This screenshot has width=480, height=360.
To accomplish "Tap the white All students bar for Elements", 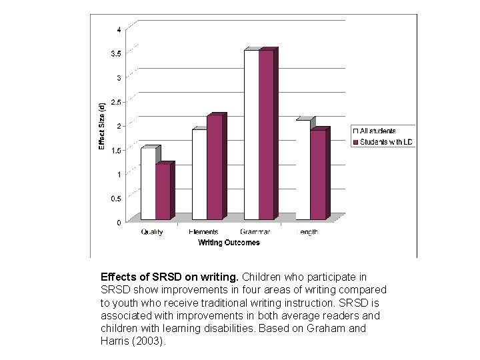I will click(199, 174).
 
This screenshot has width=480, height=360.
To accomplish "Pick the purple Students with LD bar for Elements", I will click(214, 167).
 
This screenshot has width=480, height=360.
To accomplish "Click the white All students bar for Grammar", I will click(251, 135).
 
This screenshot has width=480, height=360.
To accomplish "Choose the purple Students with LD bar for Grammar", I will click(266, 135).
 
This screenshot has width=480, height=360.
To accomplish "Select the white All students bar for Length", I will click(303, 170).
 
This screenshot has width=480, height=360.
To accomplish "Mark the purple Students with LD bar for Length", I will click(318, 175).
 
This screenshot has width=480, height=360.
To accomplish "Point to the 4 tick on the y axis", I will click(119, 29).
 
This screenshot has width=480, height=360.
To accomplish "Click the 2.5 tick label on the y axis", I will click(116, 102).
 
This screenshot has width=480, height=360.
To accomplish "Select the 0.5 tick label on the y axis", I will click(116, 199).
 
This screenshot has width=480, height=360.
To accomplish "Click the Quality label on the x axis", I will click(152, 232).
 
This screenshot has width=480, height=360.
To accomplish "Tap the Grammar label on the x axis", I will click(255, 232).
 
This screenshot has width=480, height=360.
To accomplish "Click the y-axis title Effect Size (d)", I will click(101, 126).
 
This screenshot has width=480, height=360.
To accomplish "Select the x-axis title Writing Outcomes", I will click(229, 243).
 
